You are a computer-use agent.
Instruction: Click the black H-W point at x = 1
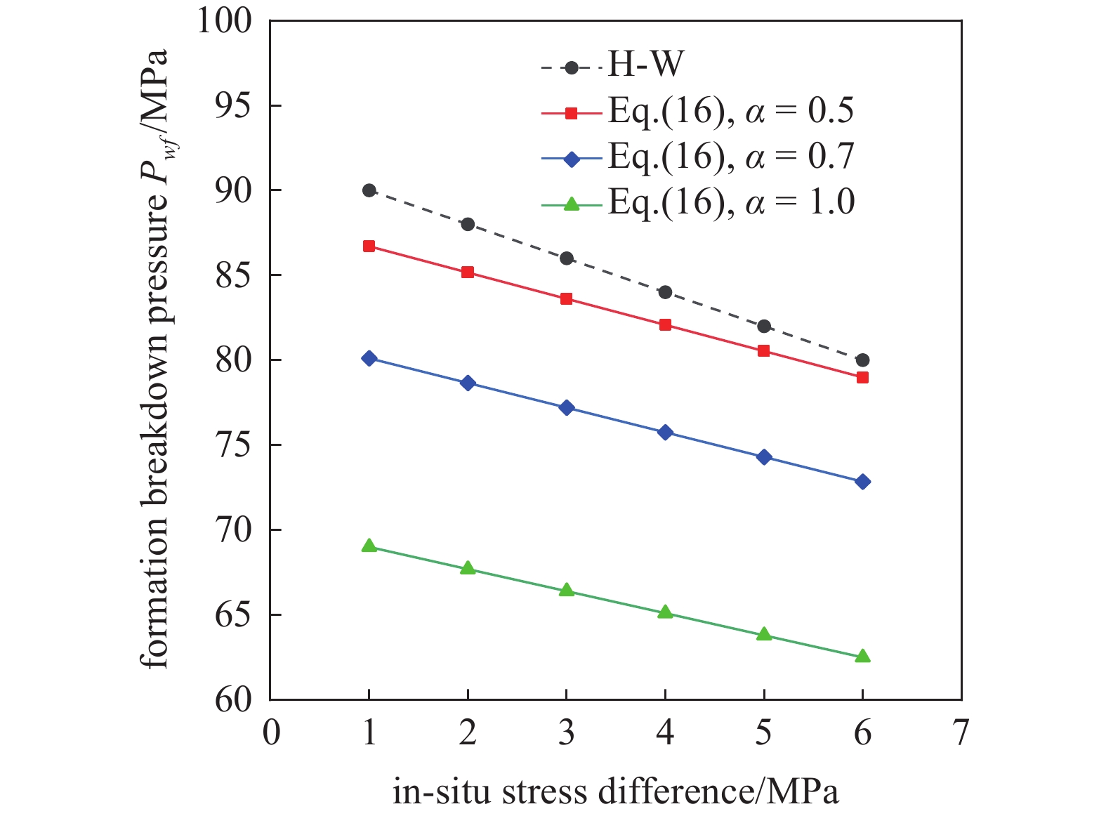point(369,190)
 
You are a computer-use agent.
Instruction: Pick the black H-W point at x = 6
point(862,360)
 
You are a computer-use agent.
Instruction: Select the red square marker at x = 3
point(567,299)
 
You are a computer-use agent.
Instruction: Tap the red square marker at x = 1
point(369,246)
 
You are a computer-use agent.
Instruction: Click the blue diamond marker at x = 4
point(666,432)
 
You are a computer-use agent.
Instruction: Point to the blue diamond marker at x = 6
point(862,482)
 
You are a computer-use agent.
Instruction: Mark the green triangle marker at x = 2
point(468,568)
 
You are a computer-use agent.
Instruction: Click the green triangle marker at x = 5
point(764,634)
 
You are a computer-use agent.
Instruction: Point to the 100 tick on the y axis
point(223,21)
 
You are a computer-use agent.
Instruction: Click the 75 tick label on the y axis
point(233,445)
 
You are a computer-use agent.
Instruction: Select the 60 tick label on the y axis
point(233,699)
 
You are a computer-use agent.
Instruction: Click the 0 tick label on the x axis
point(271,733)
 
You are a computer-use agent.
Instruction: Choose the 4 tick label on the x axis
point(666,733)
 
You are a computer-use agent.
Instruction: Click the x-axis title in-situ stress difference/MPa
point(616,792)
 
